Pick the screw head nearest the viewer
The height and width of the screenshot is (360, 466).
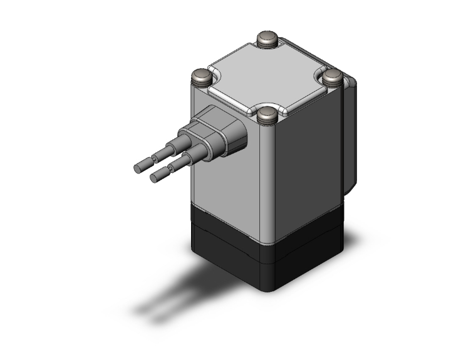pos(268,115)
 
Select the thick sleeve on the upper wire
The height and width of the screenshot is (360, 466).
pos(174,150)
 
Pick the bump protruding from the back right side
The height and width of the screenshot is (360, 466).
pos(351,138)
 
